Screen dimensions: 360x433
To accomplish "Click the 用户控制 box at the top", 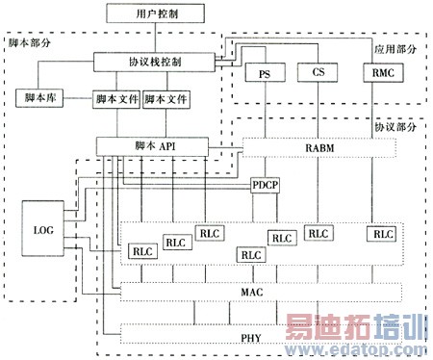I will pos(157,14).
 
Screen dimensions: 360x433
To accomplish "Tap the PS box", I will pos(263,73).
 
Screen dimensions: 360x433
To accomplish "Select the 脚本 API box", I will pos(153,145).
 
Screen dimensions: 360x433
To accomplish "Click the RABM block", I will pos(320,146).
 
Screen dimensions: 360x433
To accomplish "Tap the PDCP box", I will pos(264,184).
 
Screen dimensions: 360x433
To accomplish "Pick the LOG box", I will pos(42,231).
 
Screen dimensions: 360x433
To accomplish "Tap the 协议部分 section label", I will pos(397,125).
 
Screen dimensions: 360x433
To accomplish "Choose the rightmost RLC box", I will pos(383,233).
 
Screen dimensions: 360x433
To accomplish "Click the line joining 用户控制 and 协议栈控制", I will pos(155,39).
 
